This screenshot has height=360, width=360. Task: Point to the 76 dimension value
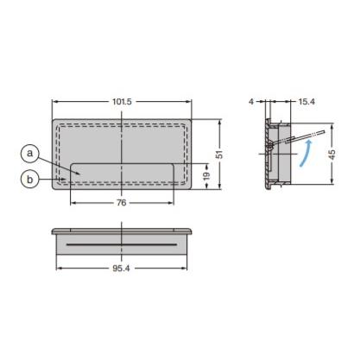click(122, 203)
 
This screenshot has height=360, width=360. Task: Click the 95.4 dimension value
click(122, 269)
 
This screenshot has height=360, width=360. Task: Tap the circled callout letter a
click(30, 154)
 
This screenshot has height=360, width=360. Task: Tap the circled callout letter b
click(30, 179)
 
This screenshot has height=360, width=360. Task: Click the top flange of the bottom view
click(122, 232)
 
